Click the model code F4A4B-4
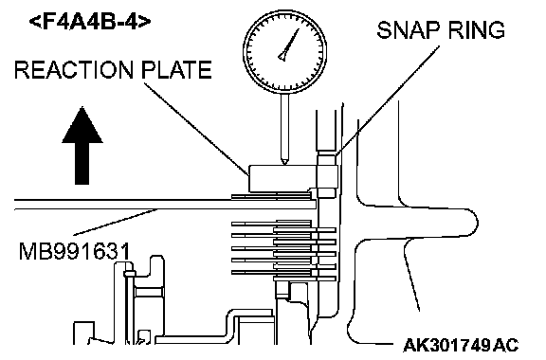tap(90, 22)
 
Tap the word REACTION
tap(74, 70)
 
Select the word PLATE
tap(176, 70)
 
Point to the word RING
tap(476, 30)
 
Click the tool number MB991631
tap(75, 251)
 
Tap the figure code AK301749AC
tap(461, 345)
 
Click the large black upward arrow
tap(82, 145)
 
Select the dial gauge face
tap(284, 51)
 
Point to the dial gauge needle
tap(289, 45)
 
